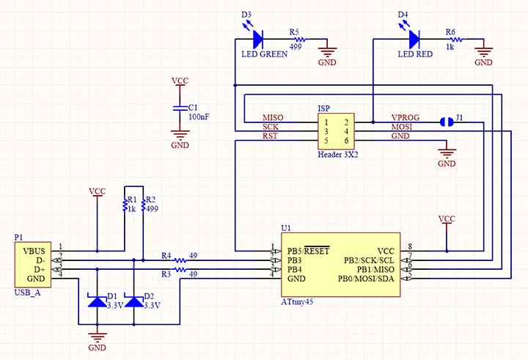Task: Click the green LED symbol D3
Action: click(257, 39)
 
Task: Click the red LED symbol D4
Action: click(414, 39)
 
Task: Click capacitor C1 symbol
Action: click(179, 108)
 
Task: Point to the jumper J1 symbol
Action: click(447, 121)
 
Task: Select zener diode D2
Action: click(134, 301)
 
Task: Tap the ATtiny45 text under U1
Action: click(297, 302)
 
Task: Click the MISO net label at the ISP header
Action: click(273, 118)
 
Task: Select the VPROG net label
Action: click(406, 118)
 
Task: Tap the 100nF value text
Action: click(199, 117)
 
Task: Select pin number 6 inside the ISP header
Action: click(345, 140)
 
